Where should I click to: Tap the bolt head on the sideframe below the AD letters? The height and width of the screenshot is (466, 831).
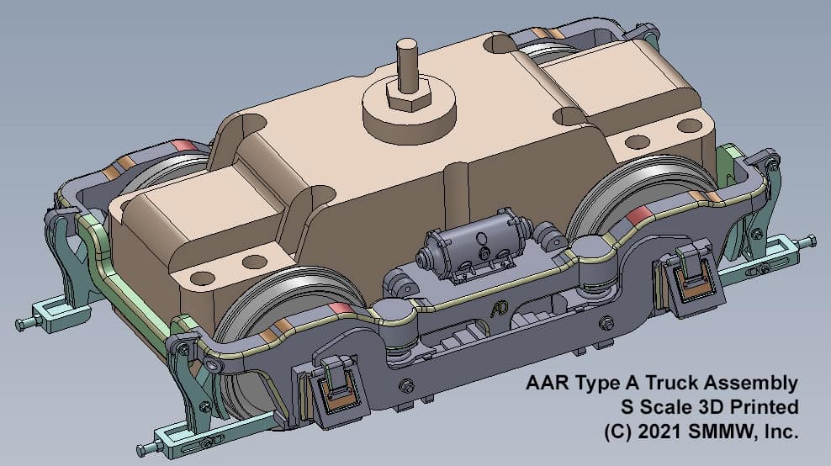pos(407,384)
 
